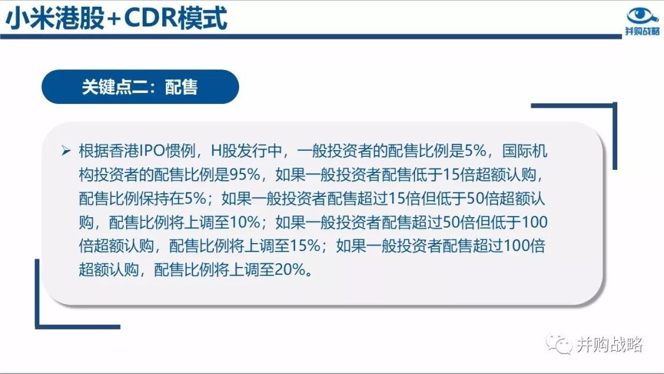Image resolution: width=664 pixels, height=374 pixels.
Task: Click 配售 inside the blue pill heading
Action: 181,87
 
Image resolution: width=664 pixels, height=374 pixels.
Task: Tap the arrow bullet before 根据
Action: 66,150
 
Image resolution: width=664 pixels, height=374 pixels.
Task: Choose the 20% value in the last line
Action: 290,269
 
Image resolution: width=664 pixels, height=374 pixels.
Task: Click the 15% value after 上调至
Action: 305,245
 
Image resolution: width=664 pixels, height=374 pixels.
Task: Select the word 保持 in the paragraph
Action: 154,198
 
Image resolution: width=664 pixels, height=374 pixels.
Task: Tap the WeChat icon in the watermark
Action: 559,344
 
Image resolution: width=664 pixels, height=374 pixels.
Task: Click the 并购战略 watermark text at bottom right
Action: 609,344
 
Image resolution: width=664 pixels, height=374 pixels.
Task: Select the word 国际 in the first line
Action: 517,151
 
